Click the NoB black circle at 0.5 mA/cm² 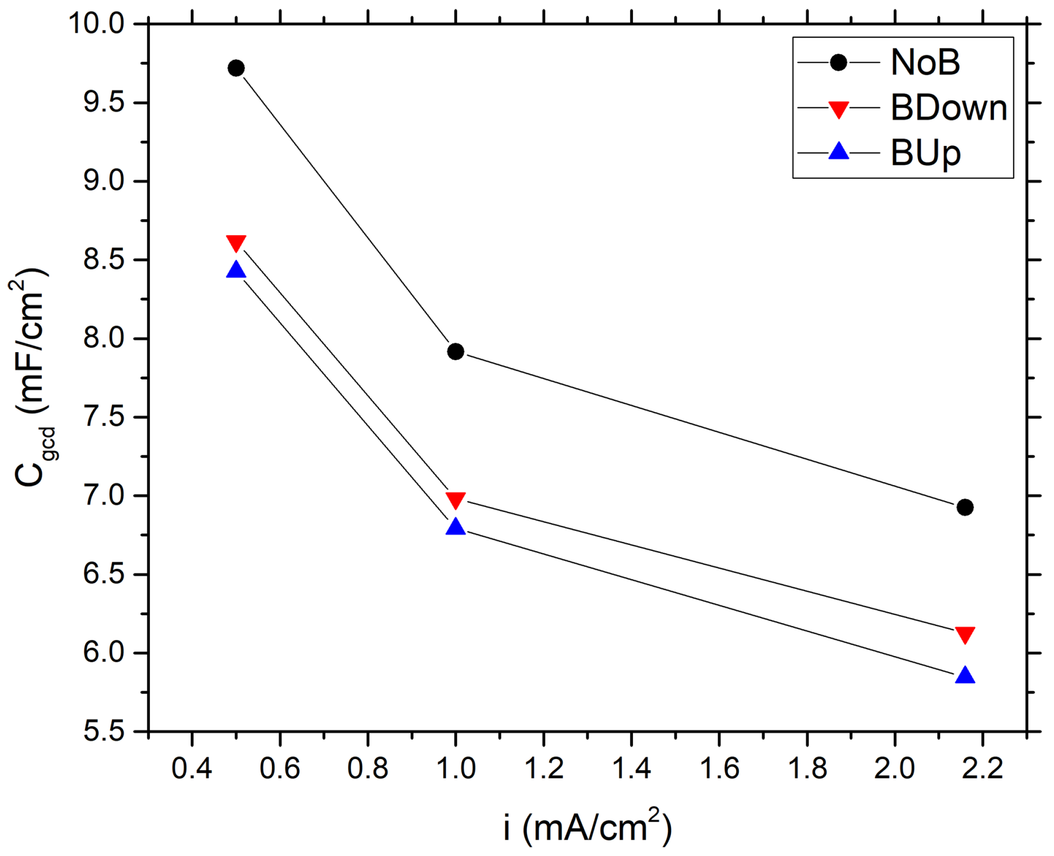236,68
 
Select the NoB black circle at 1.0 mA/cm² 455,352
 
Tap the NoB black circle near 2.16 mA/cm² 964,507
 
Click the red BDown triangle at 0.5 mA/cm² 236,243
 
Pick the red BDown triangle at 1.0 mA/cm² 455,500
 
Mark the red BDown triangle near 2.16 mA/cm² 964,635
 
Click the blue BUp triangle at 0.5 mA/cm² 236,270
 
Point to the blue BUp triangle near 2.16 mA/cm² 964,675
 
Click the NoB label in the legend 925,62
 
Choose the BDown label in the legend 949,107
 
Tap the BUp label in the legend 925,153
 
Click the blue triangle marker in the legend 839,151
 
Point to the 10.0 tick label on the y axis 97,23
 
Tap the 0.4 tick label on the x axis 191,769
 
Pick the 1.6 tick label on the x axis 719,769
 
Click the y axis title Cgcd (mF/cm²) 31,377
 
